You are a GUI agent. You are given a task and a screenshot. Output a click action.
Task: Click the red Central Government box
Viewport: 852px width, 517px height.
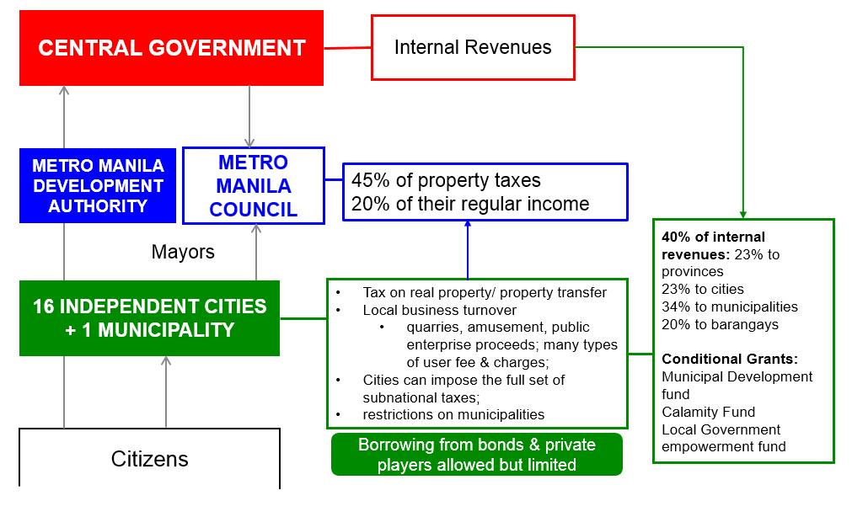pos(171,47)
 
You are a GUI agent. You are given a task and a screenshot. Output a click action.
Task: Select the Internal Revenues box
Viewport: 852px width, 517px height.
pos(473,47)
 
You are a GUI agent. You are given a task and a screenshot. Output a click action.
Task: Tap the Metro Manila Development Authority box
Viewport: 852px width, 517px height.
pos(98,185)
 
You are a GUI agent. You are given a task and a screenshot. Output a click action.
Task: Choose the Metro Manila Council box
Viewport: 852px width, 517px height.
pos(254,185)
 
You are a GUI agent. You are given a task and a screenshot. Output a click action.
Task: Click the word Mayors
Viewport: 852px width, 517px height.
pos(183,251)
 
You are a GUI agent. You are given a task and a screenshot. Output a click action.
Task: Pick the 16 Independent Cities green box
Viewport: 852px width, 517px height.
pos(149,317)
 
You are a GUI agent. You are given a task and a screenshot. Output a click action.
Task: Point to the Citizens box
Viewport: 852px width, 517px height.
pos(149,459)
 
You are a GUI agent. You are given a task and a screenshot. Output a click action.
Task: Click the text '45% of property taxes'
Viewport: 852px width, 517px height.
pos(446,180)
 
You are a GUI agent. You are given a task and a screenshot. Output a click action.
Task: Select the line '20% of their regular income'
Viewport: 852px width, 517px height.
pos(470,203)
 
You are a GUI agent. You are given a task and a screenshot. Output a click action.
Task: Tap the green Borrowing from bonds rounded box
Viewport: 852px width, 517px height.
pos(477,455)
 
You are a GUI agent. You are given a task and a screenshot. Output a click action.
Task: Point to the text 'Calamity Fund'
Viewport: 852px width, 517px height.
pos(708,412)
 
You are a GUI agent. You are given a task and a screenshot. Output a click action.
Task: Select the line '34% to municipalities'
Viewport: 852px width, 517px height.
pos(730,306)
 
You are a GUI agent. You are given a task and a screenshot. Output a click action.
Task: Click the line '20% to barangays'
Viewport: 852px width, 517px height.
pos(720,324)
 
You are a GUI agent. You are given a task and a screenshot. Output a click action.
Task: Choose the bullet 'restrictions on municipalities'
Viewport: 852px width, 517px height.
pos(453,414)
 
